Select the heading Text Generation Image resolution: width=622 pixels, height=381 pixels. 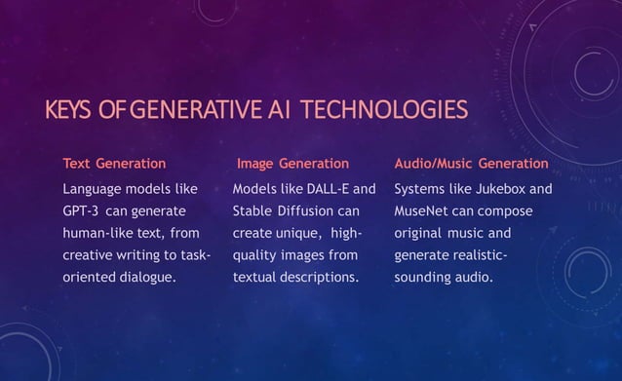114,164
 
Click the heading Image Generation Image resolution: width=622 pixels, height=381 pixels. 292,164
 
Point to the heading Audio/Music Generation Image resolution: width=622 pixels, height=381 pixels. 471,164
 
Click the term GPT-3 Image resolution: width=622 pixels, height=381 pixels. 81,211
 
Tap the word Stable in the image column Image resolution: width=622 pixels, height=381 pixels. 253,211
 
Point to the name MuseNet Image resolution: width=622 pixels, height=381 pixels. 421,211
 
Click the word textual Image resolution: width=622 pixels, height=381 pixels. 254,278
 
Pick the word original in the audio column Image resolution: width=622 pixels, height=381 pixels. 418,234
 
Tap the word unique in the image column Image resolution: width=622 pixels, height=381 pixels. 296,234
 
